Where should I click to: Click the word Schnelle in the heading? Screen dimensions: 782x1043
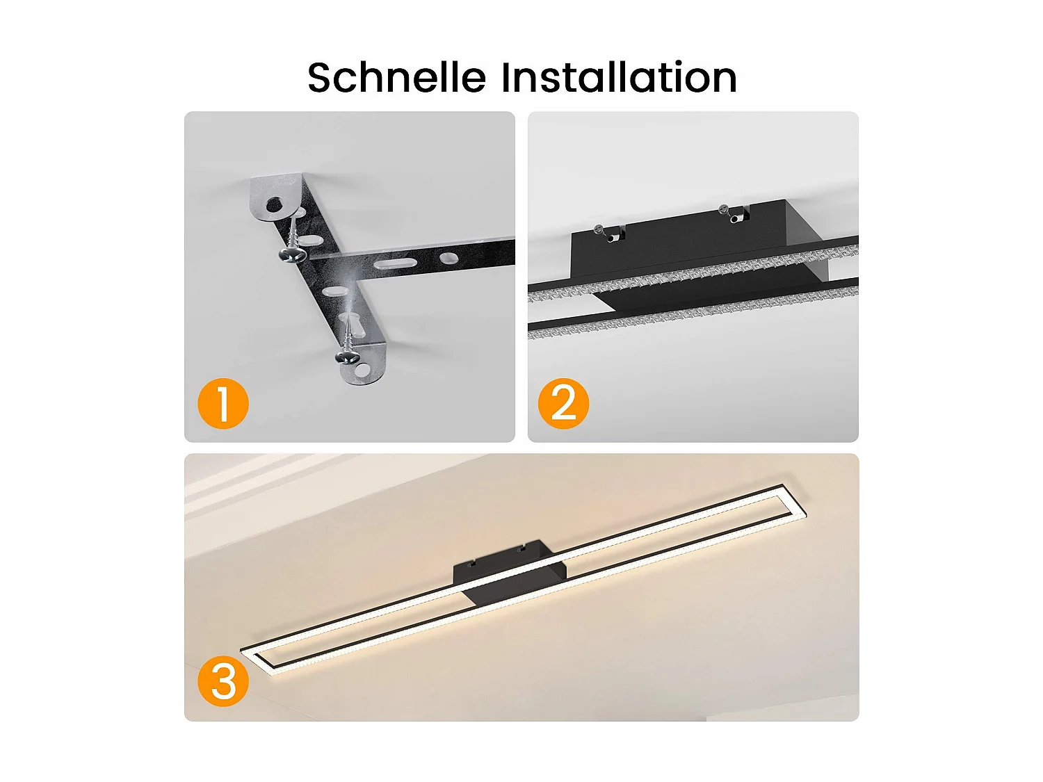(x=396, y=77)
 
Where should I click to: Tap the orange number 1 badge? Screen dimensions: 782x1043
(x=223, y=404)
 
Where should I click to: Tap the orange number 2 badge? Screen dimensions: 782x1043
(x=563, y=404)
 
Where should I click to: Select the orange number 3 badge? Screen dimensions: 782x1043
(x=223, y=682)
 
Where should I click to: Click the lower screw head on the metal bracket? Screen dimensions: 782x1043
(x=348, y=357)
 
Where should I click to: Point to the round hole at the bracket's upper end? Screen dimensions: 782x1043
(x=275, y=204)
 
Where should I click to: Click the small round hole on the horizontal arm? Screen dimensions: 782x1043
(x=448, y=258)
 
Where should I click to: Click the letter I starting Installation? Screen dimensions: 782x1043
(x=507, y=77)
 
